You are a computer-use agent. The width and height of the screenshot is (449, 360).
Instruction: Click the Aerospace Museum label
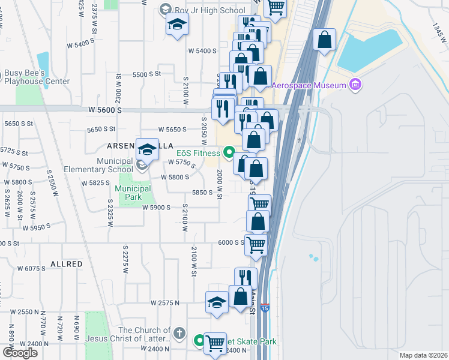coord(309,85)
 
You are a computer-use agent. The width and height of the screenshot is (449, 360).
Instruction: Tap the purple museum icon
coord(355,85)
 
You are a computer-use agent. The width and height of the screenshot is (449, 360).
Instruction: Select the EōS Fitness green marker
coord(229,152)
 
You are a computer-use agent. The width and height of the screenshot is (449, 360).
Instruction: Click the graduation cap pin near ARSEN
coord(147,149)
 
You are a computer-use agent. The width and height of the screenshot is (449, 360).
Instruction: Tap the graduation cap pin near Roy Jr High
coord(178,25)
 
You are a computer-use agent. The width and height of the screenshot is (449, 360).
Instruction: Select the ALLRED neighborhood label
coord(67,264)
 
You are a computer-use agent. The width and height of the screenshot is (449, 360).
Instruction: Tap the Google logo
coord(20,353)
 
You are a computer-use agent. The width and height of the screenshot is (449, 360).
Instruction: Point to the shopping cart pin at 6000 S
coord(256,245)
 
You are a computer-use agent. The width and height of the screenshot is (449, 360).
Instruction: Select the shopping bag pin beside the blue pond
coord(324,40)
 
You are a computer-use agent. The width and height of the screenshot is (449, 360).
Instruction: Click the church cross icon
coord(178,332)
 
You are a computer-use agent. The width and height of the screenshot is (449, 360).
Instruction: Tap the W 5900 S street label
coord(157,207)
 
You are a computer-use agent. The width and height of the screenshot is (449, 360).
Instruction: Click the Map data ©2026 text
coord(423,355)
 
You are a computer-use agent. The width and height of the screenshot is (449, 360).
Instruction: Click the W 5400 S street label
coord(202,51)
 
